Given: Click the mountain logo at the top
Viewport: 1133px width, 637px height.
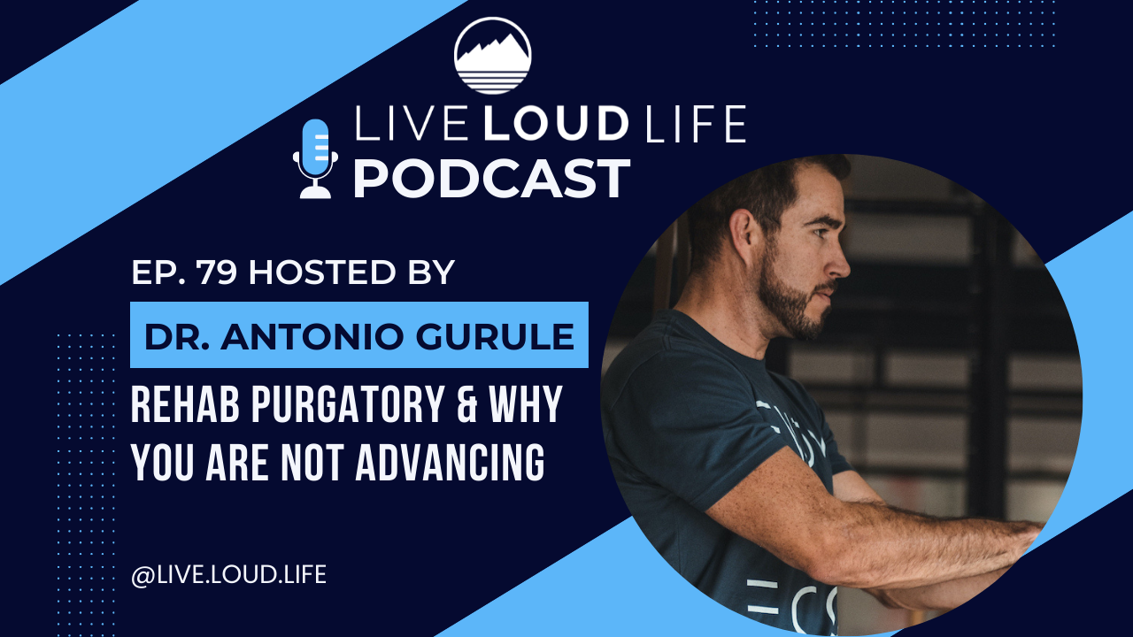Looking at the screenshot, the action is (493, 56).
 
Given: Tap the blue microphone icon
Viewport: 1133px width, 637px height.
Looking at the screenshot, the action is (315, 158).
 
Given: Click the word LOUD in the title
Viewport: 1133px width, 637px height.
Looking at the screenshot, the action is (556, 124).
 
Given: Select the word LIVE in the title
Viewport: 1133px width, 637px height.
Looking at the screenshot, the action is (410, 124).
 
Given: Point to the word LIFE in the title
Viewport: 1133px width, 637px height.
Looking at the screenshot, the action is (697, 124).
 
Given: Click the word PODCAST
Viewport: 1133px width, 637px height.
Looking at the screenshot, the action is (491, 179).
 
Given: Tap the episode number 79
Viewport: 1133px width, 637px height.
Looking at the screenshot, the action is (218, 272).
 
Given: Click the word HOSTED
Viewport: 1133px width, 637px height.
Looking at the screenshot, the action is (321, 272).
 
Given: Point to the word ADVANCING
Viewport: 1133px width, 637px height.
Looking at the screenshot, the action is (450, 463).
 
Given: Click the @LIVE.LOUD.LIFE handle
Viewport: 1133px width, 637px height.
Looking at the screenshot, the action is (228, 575).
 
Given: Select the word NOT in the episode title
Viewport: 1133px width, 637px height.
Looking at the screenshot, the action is (312, 463).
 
